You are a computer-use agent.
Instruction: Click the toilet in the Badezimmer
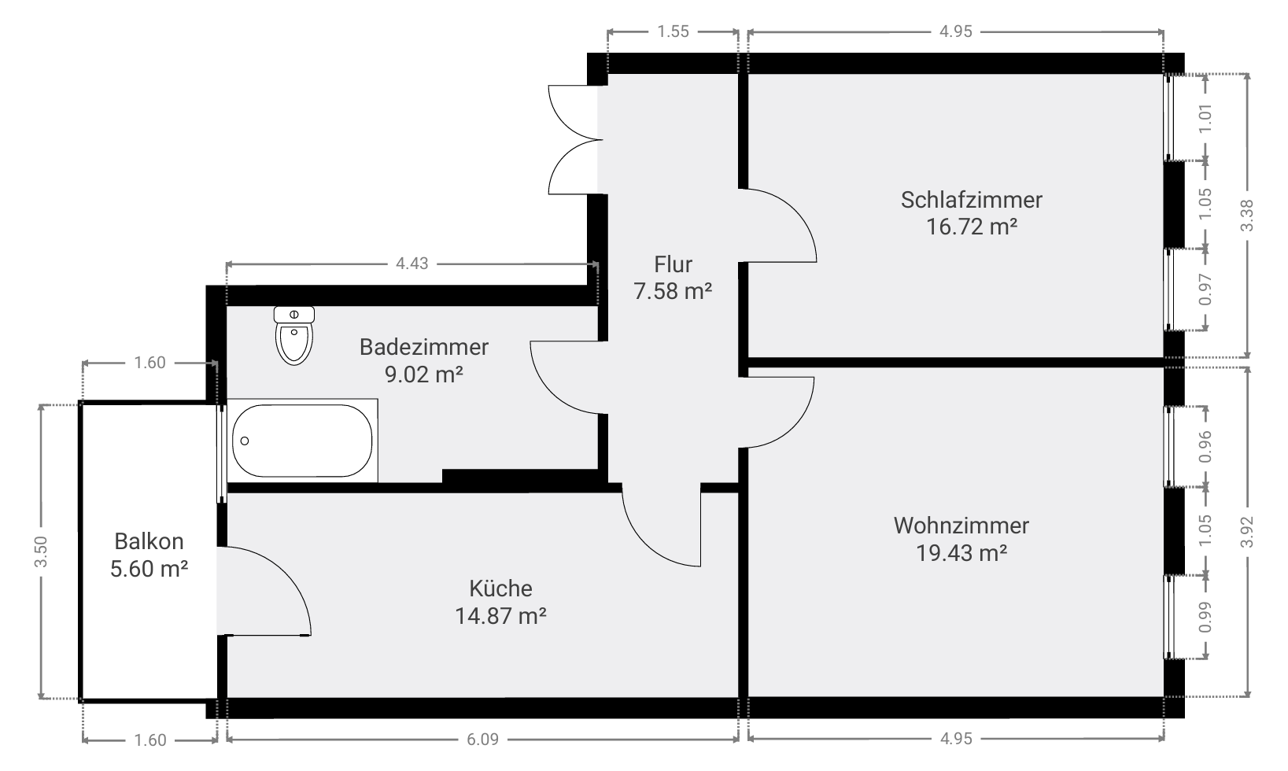[293, 336]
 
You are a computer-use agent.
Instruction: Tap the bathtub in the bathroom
[302, 441]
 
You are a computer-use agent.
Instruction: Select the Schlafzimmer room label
[971, 200]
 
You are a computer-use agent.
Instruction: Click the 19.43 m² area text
[961, 552]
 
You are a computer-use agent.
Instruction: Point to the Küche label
[500, 588]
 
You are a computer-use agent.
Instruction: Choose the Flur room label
[673, 264]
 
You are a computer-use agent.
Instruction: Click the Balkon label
[149, 541]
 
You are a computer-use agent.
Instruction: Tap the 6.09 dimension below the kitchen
[482, 739]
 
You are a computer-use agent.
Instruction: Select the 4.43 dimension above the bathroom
[411, 264]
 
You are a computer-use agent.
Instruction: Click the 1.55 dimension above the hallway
[673, 31]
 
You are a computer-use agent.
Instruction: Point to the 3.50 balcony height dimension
[41, 552]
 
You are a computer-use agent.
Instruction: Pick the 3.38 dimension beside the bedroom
[1246, 216]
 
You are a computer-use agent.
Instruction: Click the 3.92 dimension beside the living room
[1246, 533]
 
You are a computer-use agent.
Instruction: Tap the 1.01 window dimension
[1205, 118]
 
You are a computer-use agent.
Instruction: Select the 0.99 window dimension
[1205, 617]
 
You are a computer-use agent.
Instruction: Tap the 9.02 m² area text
[424, 374]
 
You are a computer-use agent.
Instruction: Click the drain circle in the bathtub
[245, 441]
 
